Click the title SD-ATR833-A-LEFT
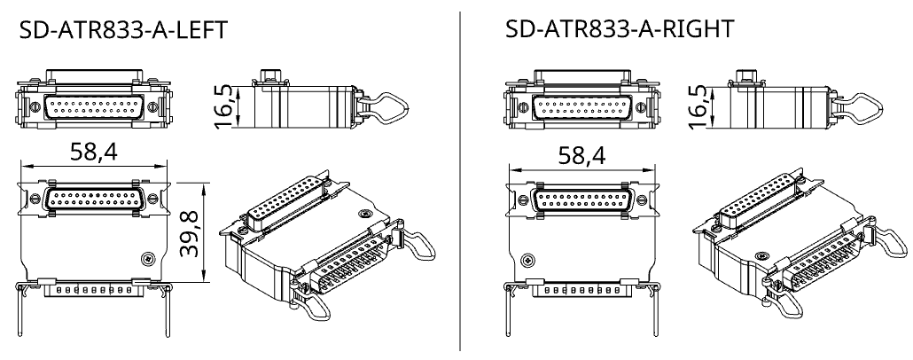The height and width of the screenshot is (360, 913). pyautogui.click(x=123, y=30)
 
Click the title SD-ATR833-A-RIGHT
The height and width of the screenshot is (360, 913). pyautogui.click(x=620, y=28)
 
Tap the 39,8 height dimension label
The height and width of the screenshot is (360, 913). pyautogui.click(x=189, y=234)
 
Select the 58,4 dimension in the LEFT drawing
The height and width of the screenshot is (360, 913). pyautogui.click(x=94, y=152)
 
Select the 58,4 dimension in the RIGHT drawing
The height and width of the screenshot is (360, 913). pyautogui.click(x=581, y=155)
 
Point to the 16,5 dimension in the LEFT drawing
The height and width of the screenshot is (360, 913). pyautogui.click(x=223, y=106)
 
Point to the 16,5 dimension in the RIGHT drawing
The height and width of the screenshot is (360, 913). pyautogui.click(x=697, y=106)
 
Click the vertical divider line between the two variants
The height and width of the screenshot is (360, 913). pyautogui.click(x=460, y=181)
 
